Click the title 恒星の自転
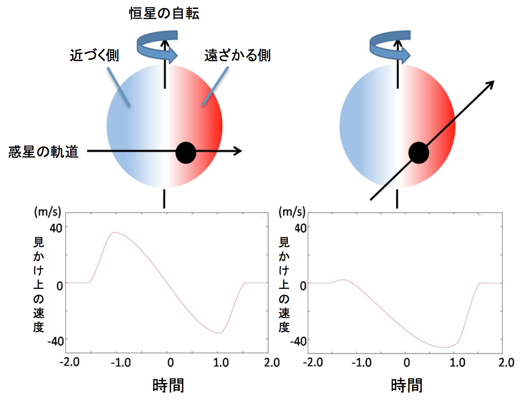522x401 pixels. [x=164, y=14]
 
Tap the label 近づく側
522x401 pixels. [x=94, y=56]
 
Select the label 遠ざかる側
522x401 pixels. [x=238, y=56]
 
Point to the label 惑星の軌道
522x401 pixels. [x=44, y=152]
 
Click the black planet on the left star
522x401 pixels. [x=186, y=152]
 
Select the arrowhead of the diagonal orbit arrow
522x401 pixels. [x=490, y=85]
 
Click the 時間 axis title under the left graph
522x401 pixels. [x=168, y=385]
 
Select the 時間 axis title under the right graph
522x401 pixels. [x=407, y=385]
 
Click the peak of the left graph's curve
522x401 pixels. [x=114, y=232]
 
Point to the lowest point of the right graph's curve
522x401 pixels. [x=443, y=347]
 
